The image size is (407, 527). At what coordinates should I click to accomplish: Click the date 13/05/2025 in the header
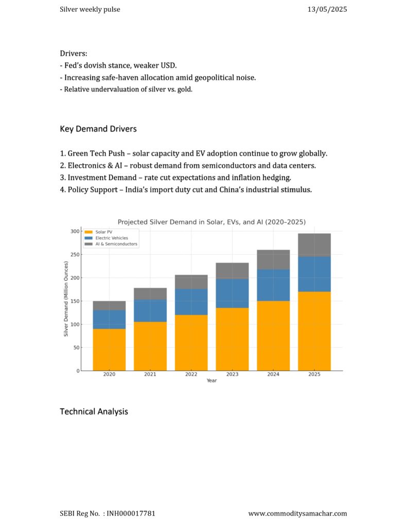pos(327,9)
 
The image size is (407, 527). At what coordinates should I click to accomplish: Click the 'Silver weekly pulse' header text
pos(90,9)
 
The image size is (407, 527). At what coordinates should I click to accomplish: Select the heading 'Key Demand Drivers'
pos(98,129)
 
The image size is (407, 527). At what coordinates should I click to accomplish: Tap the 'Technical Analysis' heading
pos(94,412)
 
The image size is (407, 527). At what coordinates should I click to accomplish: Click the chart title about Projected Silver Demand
pos(211,222)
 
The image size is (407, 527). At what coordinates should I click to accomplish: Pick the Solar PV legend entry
pos(98,232)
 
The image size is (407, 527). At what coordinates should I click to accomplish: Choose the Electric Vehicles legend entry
pos(106,238)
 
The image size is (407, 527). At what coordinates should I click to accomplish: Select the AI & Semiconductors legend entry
pos(111,244)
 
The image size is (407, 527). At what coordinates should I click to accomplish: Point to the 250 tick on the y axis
pos(75,255)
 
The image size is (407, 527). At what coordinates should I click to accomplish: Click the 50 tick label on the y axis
pos(77,347)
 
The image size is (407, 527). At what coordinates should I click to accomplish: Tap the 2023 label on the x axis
pos(232,374)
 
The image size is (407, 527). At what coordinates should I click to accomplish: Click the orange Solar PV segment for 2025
pos(314,331)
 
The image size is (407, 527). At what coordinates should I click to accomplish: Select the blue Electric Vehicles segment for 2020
pos(109,319)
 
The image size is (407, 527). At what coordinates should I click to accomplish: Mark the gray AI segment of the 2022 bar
pos(191,282)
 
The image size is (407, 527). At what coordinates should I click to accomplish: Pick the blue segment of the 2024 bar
pos(273,285)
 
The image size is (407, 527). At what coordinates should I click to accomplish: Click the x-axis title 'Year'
pos(212,380)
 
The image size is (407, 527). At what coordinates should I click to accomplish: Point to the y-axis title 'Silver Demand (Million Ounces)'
pos(66,299)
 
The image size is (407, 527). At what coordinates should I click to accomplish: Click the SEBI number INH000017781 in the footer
pos(131,514)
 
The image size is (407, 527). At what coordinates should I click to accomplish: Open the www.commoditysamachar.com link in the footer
pos(298,514)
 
